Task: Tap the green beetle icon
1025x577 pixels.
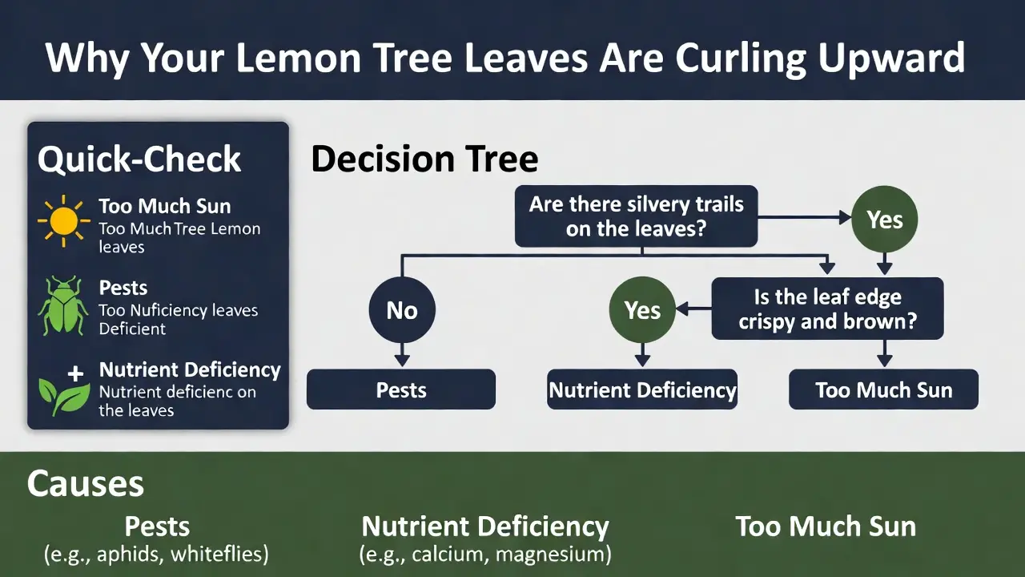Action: tap(62, 306)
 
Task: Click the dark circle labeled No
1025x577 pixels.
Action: tap(402, 310)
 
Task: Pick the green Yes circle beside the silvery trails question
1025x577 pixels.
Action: tap(885, 220)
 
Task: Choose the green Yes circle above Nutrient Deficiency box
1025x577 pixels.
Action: tap(642, 310)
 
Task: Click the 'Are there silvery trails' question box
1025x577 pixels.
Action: tap(636, 216)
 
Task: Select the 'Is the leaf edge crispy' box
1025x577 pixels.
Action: tap(827, 309)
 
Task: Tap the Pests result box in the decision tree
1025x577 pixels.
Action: tap(401, 389)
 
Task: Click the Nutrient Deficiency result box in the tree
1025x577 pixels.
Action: tap(642, 389)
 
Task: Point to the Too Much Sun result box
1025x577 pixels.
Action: tap(883, 389)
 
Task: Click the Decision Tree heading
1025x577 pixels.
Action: tap(424, 159)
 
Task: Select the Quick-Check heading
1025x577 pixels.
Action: tap(139, 159)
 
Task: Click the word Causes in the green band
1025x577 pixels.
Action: tap(85, 484)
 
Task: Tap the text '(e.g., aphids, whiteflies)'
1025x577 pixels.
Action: tap(157, 554)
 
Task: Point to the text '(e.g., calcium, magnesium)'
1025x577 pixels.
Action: tap(485, 554)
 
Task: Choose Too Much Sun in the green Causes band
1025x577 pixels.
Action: tap(826, 527)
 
